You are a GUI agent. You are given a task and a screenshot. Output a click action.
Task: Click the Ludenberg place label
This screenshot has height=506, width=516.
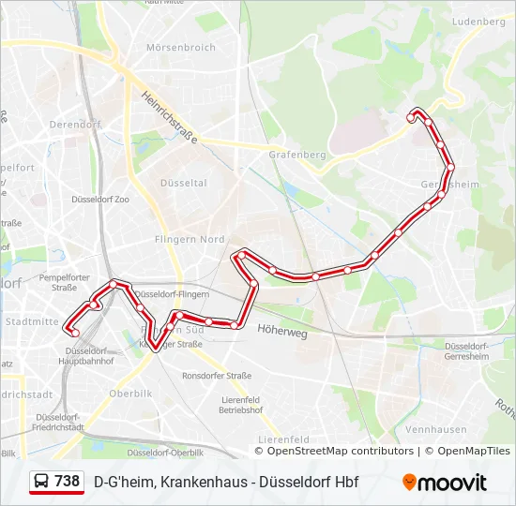tap(478, 21)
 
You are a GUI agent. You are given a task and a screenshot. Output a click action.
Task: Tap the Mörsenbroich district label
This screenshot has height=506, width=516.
tap(181, 47)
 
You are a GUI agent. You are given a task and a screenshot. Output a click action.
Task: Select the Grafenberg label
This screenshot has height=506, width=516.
tap(296, 154)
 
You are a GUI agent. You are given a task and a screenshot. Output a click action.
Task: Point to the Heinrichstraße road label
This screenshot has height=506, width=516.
tap(170, 117)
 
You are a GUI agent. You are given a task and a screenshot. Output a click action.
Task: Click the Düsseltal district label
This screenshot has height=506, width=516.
tap(184, 183)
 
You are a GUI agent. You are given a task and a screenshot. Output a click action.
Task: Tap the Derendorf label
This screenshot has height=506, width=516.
tap(75, 123)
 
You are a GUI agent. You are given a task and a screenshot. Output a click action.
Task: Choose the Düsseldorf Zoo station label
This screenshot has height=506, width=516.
tap(100, 200)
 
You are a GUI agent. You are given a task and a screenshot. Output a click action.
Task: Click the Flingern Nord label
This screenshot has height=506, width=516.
tap(190, 240)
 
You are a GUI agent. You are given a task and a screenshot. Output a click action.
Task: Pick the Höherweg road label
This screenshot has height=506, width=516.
tap(281, 330)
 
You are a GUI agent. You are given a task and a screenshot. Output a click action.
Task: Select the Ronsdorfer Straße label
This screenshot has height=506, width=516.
tap(217, 376)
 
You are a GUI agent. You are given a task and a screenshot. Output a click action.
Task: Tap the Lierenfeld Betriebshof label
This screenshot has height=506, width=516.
tap(240, 405)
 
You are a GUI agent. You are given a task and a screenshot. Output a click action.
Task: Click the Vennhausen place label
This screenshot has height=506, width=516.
tap(436, 429)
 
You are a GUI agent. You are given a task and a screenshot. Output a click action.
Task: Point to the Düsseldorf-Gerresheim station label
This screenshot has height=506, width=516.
tap(466, 350)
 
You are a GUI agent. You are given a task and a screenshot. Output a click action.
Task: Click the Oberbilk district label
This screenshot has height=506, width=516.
tap(129, 394)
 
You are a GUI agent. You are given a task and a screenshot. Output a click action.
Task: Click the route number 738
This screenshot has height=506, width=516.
tap(67, 482)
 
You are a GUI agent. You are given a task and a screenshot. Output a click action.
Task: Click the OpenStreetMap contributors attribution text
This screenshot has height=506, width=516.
tap(341, 452)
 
